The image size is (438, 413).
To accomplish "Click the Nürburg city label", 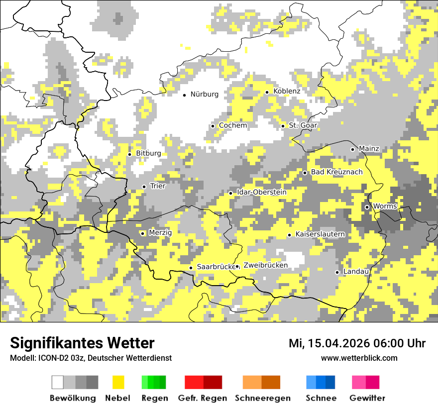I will click(x=204, y=94).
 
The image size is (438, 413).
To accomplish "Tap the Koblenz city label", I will click(x=287, y=91).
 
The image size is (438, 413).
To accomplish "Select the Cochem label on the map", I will click(x=232, y=125).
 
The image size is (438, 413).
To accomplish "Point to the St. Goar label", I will click(x=303, y=125).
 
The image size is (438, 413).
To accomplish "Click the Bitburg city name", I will click(x=148, y=153).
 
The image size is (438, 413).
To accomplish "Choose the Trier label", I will click(x=157, y=186).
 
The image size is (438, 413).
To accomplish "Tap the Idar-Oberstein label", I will click(x=261, y=192).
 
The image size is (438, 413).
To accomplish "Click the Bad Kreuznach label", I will click(x=336, y=172).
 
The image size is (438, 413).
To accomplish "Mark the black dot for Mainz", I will click(x=352, y=149).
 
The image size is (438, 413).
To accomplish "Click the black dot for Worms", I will click(x=367, y=207).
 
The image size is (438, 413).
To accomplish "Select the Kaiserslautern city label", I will click(x=320, y=234).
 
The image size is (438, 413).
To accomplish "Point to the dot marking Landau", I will click(x=337, y=272).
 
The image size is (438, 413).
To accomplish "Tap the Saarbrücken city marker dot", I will click(x=191, y=268).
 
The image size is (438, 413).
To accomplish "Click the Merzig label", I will click(x=160, y=232).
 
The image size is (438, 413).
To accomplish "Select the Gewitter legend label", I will click(x=367, y=398).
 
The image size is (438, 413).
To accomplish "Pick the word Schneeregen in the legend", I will click(x=262, y=398).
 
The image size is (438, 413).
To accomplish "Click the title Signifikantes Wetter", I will click(x=82, y=343).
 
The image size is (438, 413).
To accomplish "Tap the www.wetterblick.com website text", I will click(x=359, y=358).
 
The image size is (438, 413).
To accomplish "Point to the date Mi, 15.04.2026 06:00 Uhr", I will click(x=357, y=343).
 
